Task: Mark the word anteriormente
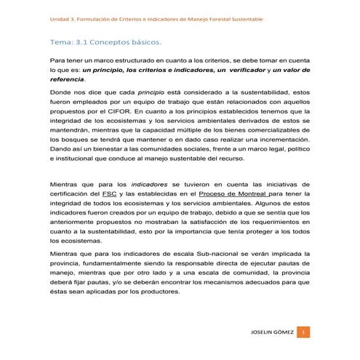pyautogui.click(x=76, y=220)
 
